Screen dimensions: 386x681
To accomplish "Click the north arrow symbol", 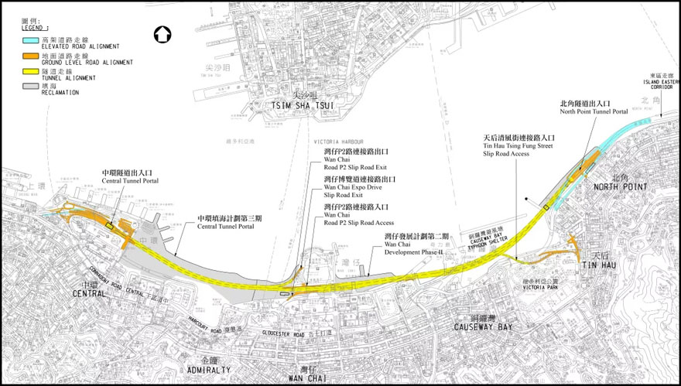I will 162,34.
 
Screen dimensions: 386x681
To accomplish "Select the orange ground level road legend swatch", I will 30,58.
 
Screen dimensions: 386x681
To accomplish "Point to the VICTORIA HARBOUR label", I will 334,142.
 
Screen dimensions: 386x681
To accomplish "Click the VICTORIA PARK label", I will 539,287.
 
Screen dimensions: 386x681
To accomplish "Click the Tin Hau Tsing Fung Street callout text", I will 518,146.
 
